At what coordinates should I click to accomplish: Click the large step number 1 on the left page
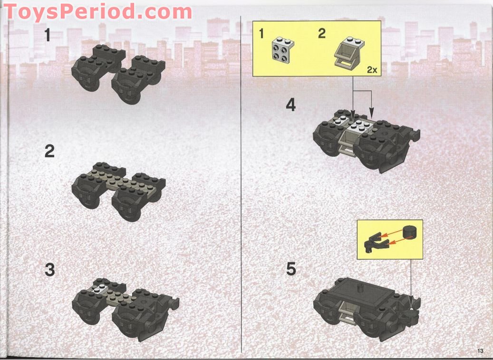(x=48, y=35)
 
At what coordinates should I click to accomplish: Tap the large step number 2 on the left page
(x=49, y=152)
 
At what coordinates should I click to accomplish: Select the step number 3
(x=49, y=270)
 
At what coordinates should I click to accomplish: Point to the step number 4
(x=290, y=105)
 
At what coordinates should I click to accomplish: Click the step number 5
(x=291, y=269)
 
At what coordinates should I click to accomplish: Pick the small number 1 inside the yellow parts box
(x=261, y=34)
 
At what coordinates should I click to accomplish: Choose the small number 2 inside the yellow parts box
(x=322, y=34)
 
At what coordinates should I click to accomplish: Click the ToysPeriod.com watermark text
(x=97, y=11)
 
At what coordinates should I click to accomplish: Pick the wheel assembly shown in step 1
(x=118, y=73)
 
